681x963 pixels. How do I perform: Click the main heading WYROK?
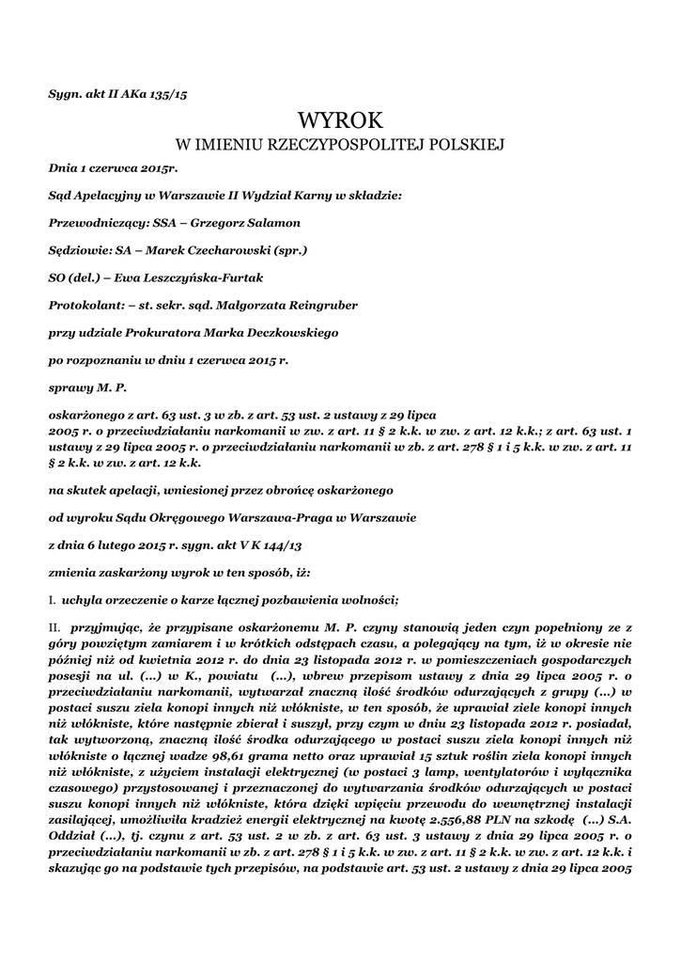[341, 121]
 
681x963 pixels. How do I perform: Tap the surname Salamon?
[271, 223]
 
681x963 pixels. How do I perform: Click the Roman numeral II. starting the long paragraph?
[54, 626]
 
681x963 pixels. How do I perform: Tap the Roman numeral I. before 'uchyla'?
[52, 599]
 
